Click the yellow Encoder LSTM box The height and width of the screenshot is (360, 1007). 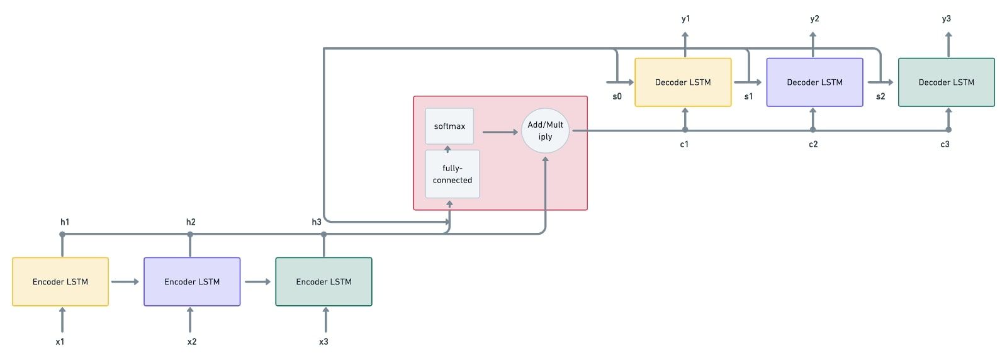click(60, 281)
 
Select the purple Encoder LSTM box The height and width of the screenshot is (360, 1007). click(192, 281)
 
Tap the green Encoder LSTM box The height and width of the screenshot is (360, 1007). click(323, 281)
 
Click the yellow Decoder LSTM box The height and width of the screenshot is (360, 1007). click(683, 82)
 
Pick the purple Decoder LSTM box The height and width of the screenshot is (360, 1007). click(814, 82)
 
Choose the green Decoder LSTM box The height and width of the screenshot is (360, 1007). click(946, 82)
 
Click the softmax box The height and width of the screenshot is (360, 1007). click(449, 126)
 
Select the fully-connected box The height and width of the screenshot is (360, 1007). click(453, 174)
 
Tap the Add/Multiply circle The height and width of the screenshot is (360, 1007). click(545, 131)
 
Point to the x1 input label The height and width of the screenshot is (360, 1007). click(60, 342)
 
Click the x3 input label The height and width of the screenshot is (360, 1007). click(323, 342)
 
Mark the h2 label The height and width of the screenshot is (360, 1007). click(191, 222)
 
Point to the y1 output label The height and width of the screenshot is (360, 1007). click(685, 19)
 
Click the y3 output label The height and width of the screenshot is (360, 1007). click(946, 19)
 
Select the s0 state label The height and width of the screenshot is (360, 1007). click(617, 96)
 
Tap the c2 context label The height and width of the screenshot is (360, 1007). click(813, 144)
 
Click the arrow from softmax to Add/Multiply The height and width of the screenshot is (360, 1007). click(500, 132)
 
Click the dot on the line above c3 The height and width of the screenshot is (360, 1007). click(948, 130)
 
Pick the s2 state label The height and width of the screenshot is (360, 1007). click(880, 96)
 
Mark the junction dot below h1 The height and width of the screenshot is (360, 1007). click(62, 235)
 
